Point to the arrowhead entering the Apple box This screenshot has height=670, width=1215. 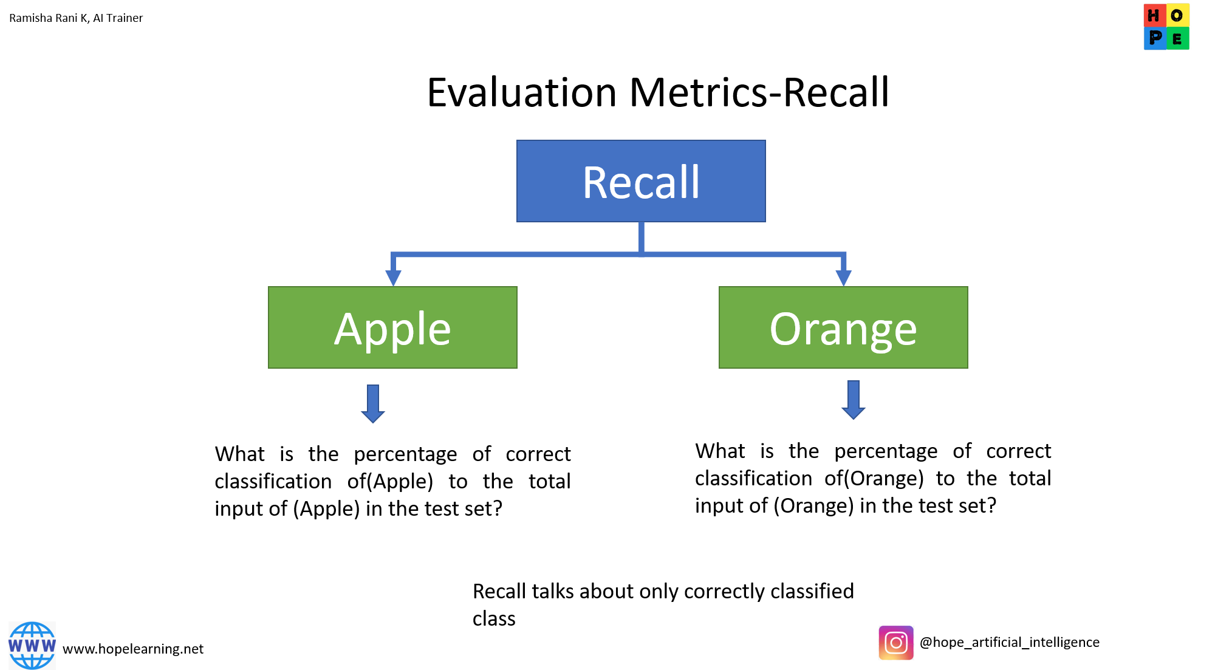pos(394,278)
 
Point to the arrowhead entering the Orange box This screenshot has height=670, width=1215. pos(843,278)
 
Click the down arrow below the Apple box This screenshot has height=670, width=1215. pos(373,405)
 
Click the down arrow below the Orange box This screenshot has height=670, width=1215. pos(854,401)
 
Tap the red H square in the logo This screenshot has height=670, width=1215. pos(1153,15)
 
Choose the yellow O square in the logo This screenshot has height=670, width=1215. pos(1177,15)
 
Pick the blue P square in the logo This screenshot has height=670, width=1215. pos(1154,38)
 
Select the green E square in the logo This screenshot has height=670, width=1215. pos(1177,39)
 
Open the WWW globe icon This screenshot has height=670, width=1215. pos(32,645)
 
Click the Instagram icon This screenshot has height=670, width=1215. pos(896,643)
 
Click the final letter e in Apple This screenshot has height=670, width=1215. pos(438,332)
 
